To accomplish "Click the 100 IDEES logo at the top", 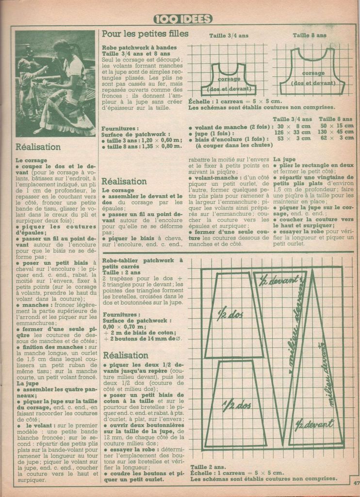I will (x=183, y=19).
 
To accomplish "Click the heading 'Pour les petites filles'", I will (x=145, y=34).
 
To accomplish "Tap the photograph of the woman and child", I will (x=55, y=83).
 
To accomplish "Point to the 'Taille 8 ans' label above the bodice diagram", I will (x=310, y=35).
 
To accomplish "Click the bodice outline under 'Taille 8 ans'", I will (x=312, y=72).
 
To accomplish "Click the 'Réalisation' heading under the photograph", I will (x=38, y=147).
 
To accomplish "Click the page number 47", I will (x=356, y=483).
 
